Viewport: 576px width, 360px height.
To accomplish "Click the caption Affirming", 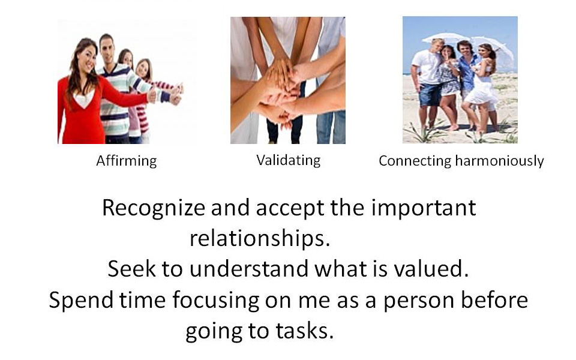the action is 127,161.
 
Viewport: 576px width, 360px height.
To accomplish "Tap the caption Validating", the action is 289,161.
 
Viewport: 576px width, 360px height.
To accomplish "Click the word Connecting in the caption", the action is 415,161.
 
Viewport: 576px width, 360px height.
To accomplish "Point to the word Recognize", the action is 154,209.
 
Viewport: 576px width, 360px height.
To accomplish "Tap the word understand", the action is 248,268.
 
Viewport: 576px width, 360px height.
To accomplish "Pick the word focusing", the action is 215,301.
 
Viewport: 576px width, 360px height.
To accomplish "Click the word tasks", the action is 305,331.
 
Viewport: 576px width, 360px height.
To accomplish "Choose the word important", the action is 424,209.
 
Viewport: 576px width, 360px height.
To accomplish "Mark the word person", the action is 418,301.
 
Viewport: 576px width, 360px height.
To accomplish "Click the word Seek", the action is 131,268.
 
